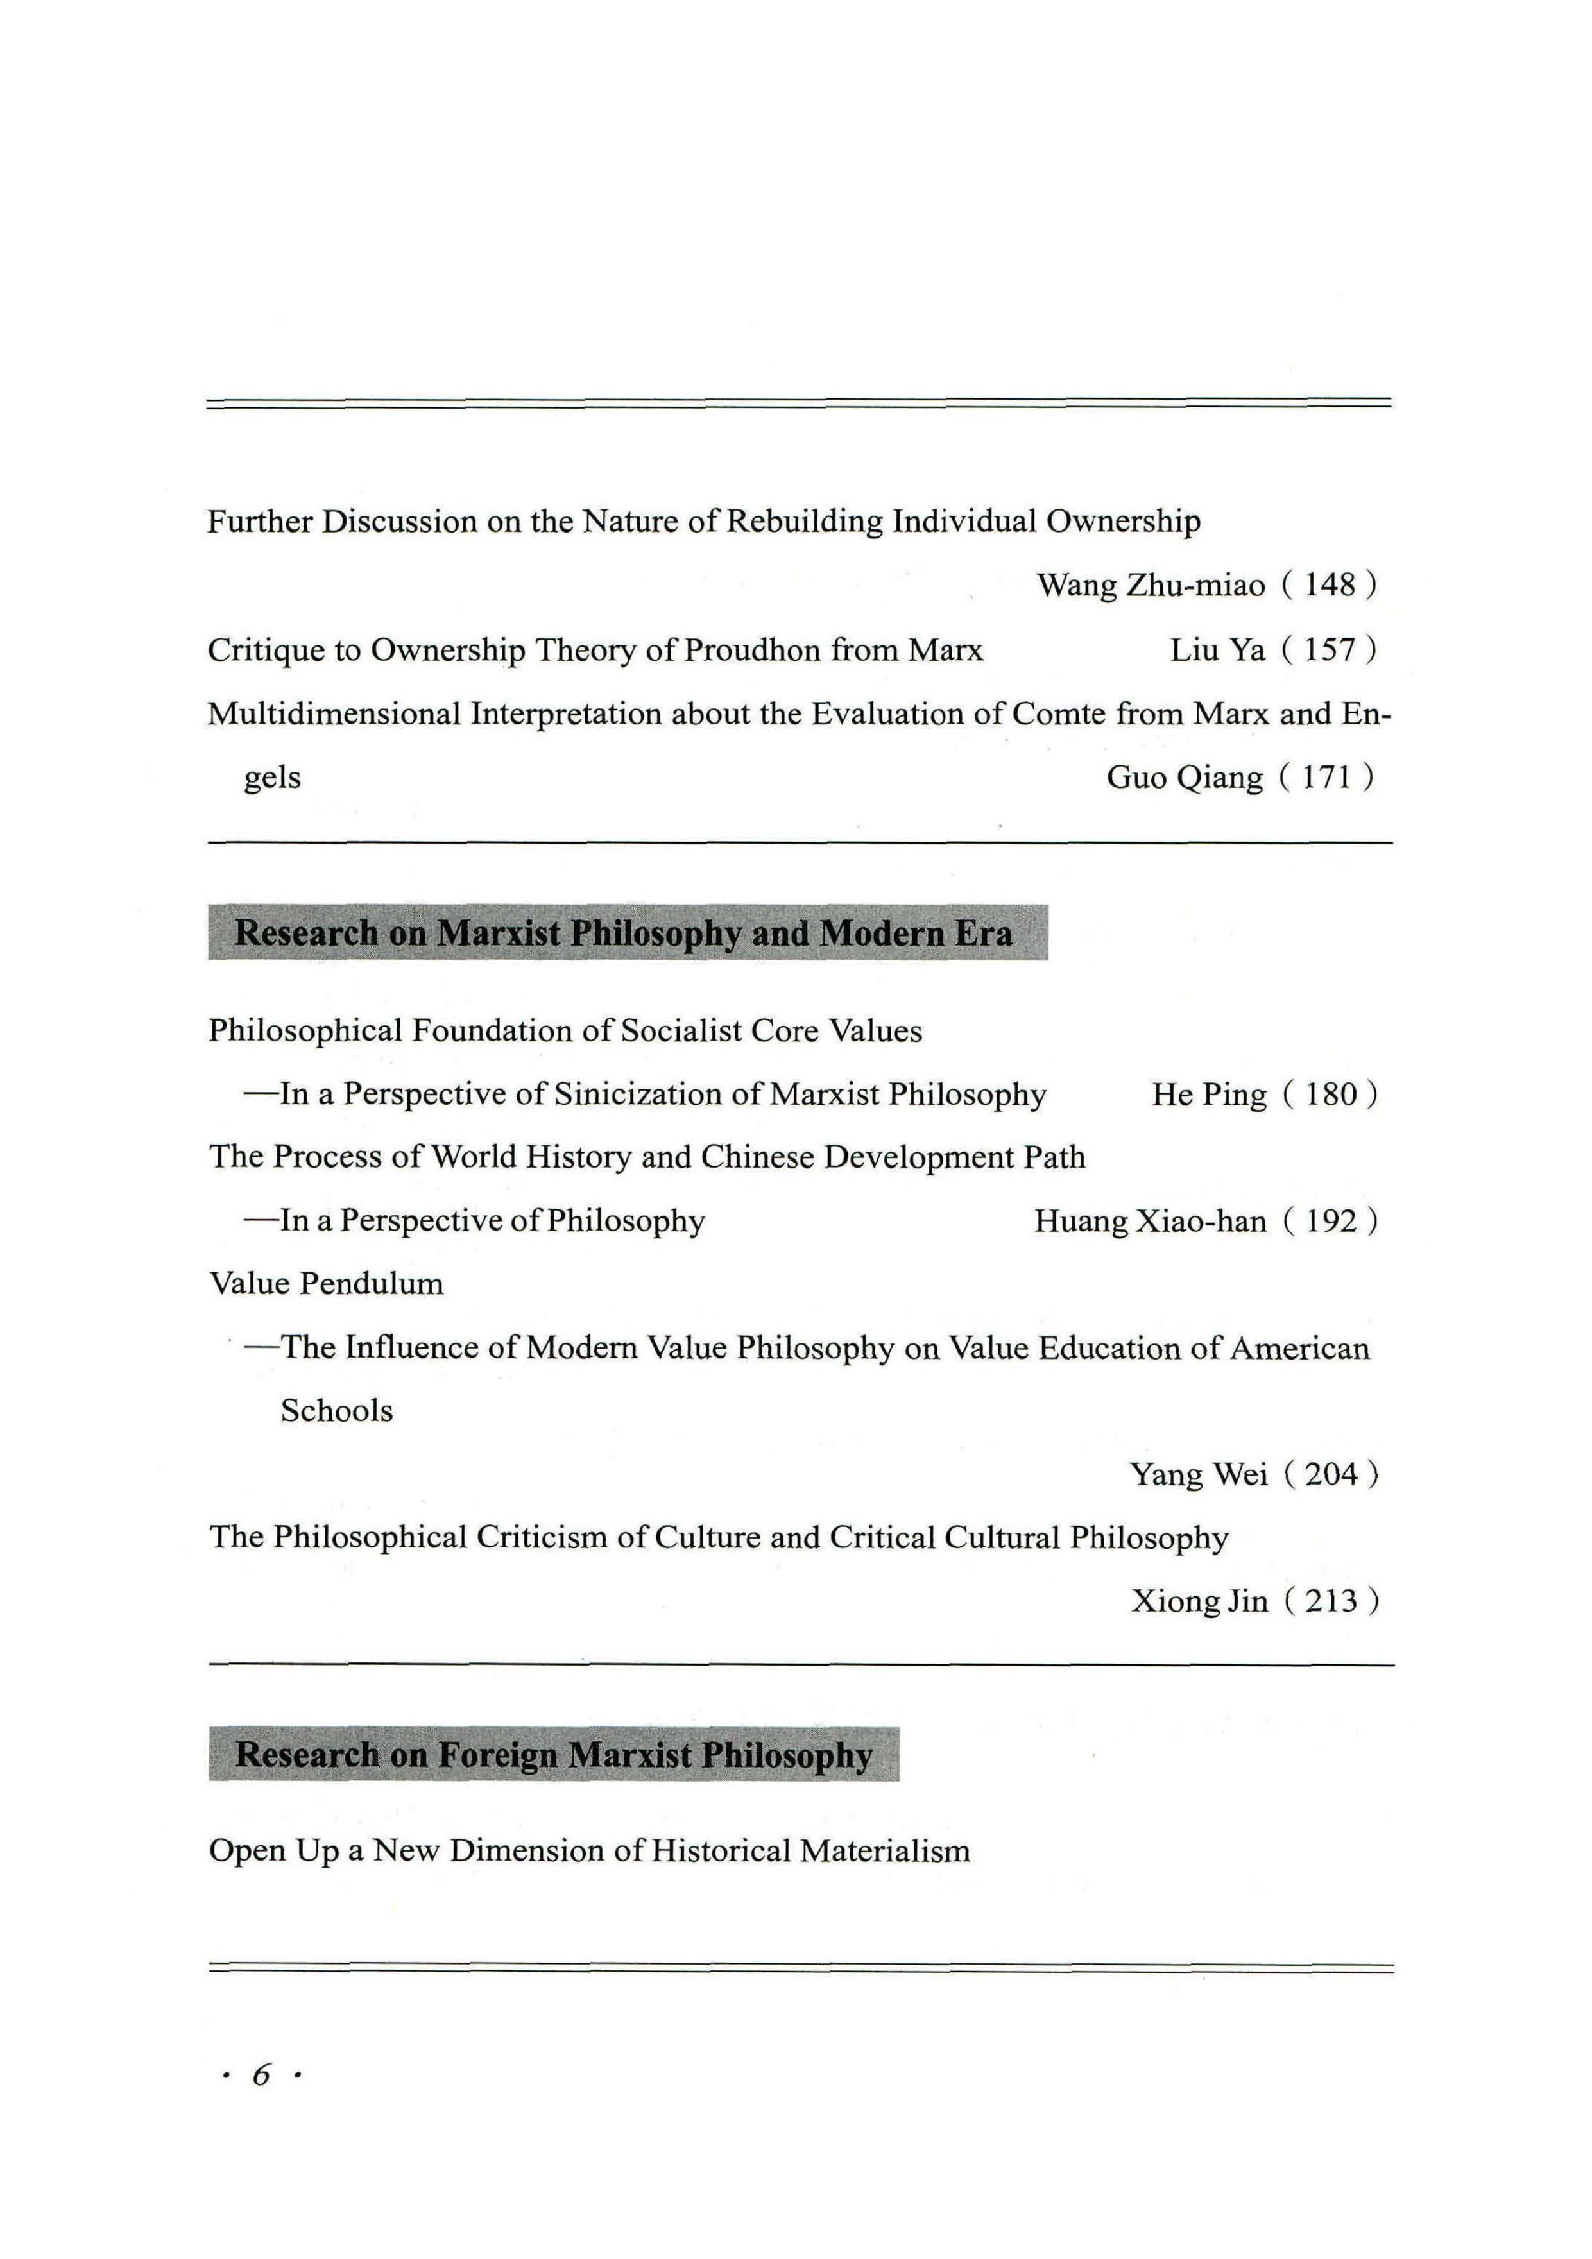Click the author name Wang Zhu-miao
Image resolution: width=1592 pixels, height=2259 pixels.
(x=1151, y=586)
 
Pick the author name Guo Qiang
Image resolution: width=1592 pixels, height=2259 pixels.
(x=1184, y=778)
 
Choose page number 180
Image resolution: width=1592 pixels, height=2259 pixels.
(x=1330, y=1095)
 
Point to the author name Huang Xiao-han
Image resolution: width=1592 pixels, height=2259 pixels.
(x=1149, y=1222)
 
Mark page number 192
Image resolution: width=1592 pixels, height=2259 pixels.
(x=1330, y=1222)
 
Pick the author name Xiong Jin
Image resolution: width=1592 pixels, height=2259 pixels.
(x=1199, y=1602)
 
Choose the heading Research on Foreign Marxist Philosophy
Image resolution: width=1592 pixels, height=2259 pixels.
(x=554, y=1756)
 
